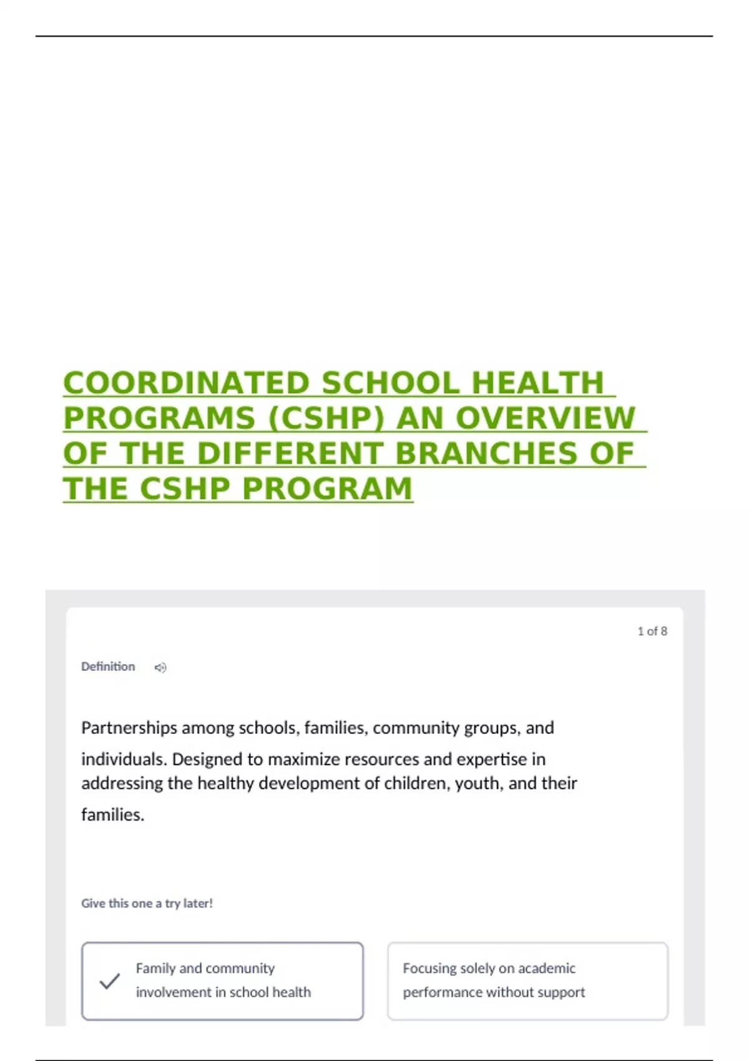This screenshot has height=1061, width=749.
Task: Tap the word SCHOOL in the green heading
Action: [391, 383]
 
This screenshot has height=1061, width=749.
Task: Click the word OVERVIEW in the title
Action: [546, 418]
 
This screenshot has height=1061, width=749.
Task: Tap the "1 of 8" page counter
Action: [652, 632]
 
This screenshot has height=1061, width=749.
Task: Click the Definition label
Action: [108, 667]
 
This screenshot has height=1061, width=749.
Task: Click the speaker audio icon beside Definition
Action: [160, 668]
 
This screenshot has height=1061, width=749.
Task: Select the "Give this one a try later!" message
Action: [147, 903]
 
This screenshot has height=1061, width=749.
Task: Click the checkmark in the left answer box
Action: [109, 981]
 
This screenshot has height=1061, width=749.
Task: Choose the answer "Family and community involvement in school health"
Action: [223, 980]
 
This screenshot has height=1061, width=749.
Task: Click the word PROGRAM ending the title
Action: [327, 489]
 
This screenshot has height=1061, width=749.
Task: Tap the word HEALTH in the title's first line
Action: [537, 383]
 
